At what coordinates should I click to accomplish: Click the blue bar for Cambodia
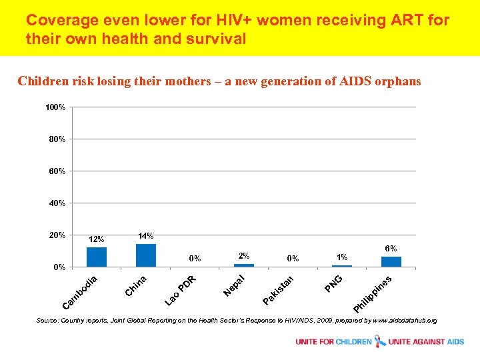[97, 257]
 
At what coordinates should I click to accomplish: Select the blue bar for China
[146, 255]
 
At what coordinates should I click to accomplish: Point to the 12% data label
[97, 239]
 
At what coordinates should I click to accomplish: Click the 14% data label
[145, 236]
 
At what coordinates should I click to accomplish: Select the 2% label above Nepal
[244, 256]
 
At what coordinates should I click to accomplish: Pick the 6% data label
[391, 248]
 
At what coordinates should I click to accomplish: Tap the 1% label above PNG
[342, 257]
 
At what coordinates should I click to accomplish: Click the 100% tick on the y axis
[55, 107]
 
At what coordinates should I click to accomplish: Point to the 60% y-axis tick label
[56, 171]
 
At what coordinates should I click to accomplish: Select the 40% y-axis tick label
[56, 203]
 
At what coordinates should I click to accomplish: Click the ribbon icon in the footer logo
[380, 341]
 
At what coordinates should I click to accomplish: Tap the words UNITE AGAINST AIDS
[426, 342]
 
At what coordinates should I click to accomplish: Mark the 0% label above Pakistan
[293, 259]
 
